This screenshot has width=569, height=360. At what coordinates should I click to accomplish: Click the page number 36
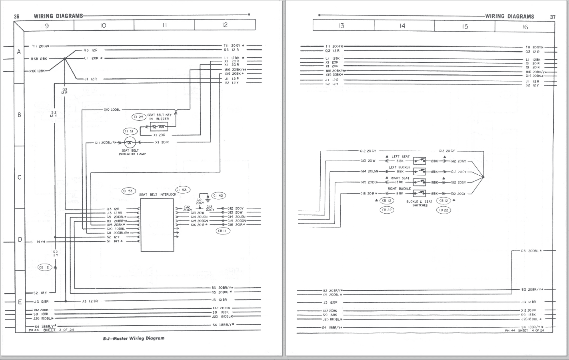coord(16,16)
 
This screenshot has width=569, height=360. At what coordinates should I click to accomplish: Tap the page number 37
coord(553,17)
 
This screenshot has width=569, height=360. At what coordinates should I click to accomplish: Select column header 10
coord(103,25)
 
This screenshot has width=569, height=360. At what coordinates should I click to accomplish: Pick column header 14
coord(402,26)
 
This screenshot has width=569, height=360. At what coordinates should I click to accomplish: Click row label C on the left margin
coord(19,177)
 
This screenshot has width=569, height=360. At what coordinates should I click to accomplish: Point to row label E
coord(19,302)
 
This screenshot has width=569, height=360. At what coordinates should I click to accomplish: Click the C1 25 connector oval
coord(139,117)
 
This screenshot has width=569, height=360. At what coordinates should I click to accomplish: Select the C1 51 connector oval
coord(130,131)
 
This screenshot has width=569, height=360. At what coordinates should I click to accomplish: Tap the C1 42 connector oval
coord(218,196)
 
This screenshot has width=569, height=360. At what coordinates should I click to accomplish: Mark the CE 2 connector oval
coord(45,267)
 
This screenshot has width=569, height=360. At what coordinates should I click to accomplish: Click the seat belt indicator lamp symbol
coord(130,142)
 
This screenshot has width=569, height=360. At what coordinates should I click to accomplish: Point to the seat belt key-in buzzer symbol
coord(159,127)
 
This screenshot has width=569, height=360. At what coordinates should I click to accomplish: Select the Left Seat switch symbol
coord(419,161)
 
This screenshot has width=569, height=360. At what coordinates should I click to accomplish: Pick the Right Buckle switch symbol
coord(419,193)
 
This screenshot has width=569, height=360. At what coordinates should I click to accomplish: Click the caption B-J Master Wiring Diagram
coord(134,338)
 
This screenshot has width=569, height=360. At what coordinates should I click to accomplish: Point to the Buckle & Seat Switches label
coord(420,204)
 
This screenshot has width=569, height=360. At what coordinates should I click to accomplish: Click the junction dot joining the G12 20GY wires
coord(483,177)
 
